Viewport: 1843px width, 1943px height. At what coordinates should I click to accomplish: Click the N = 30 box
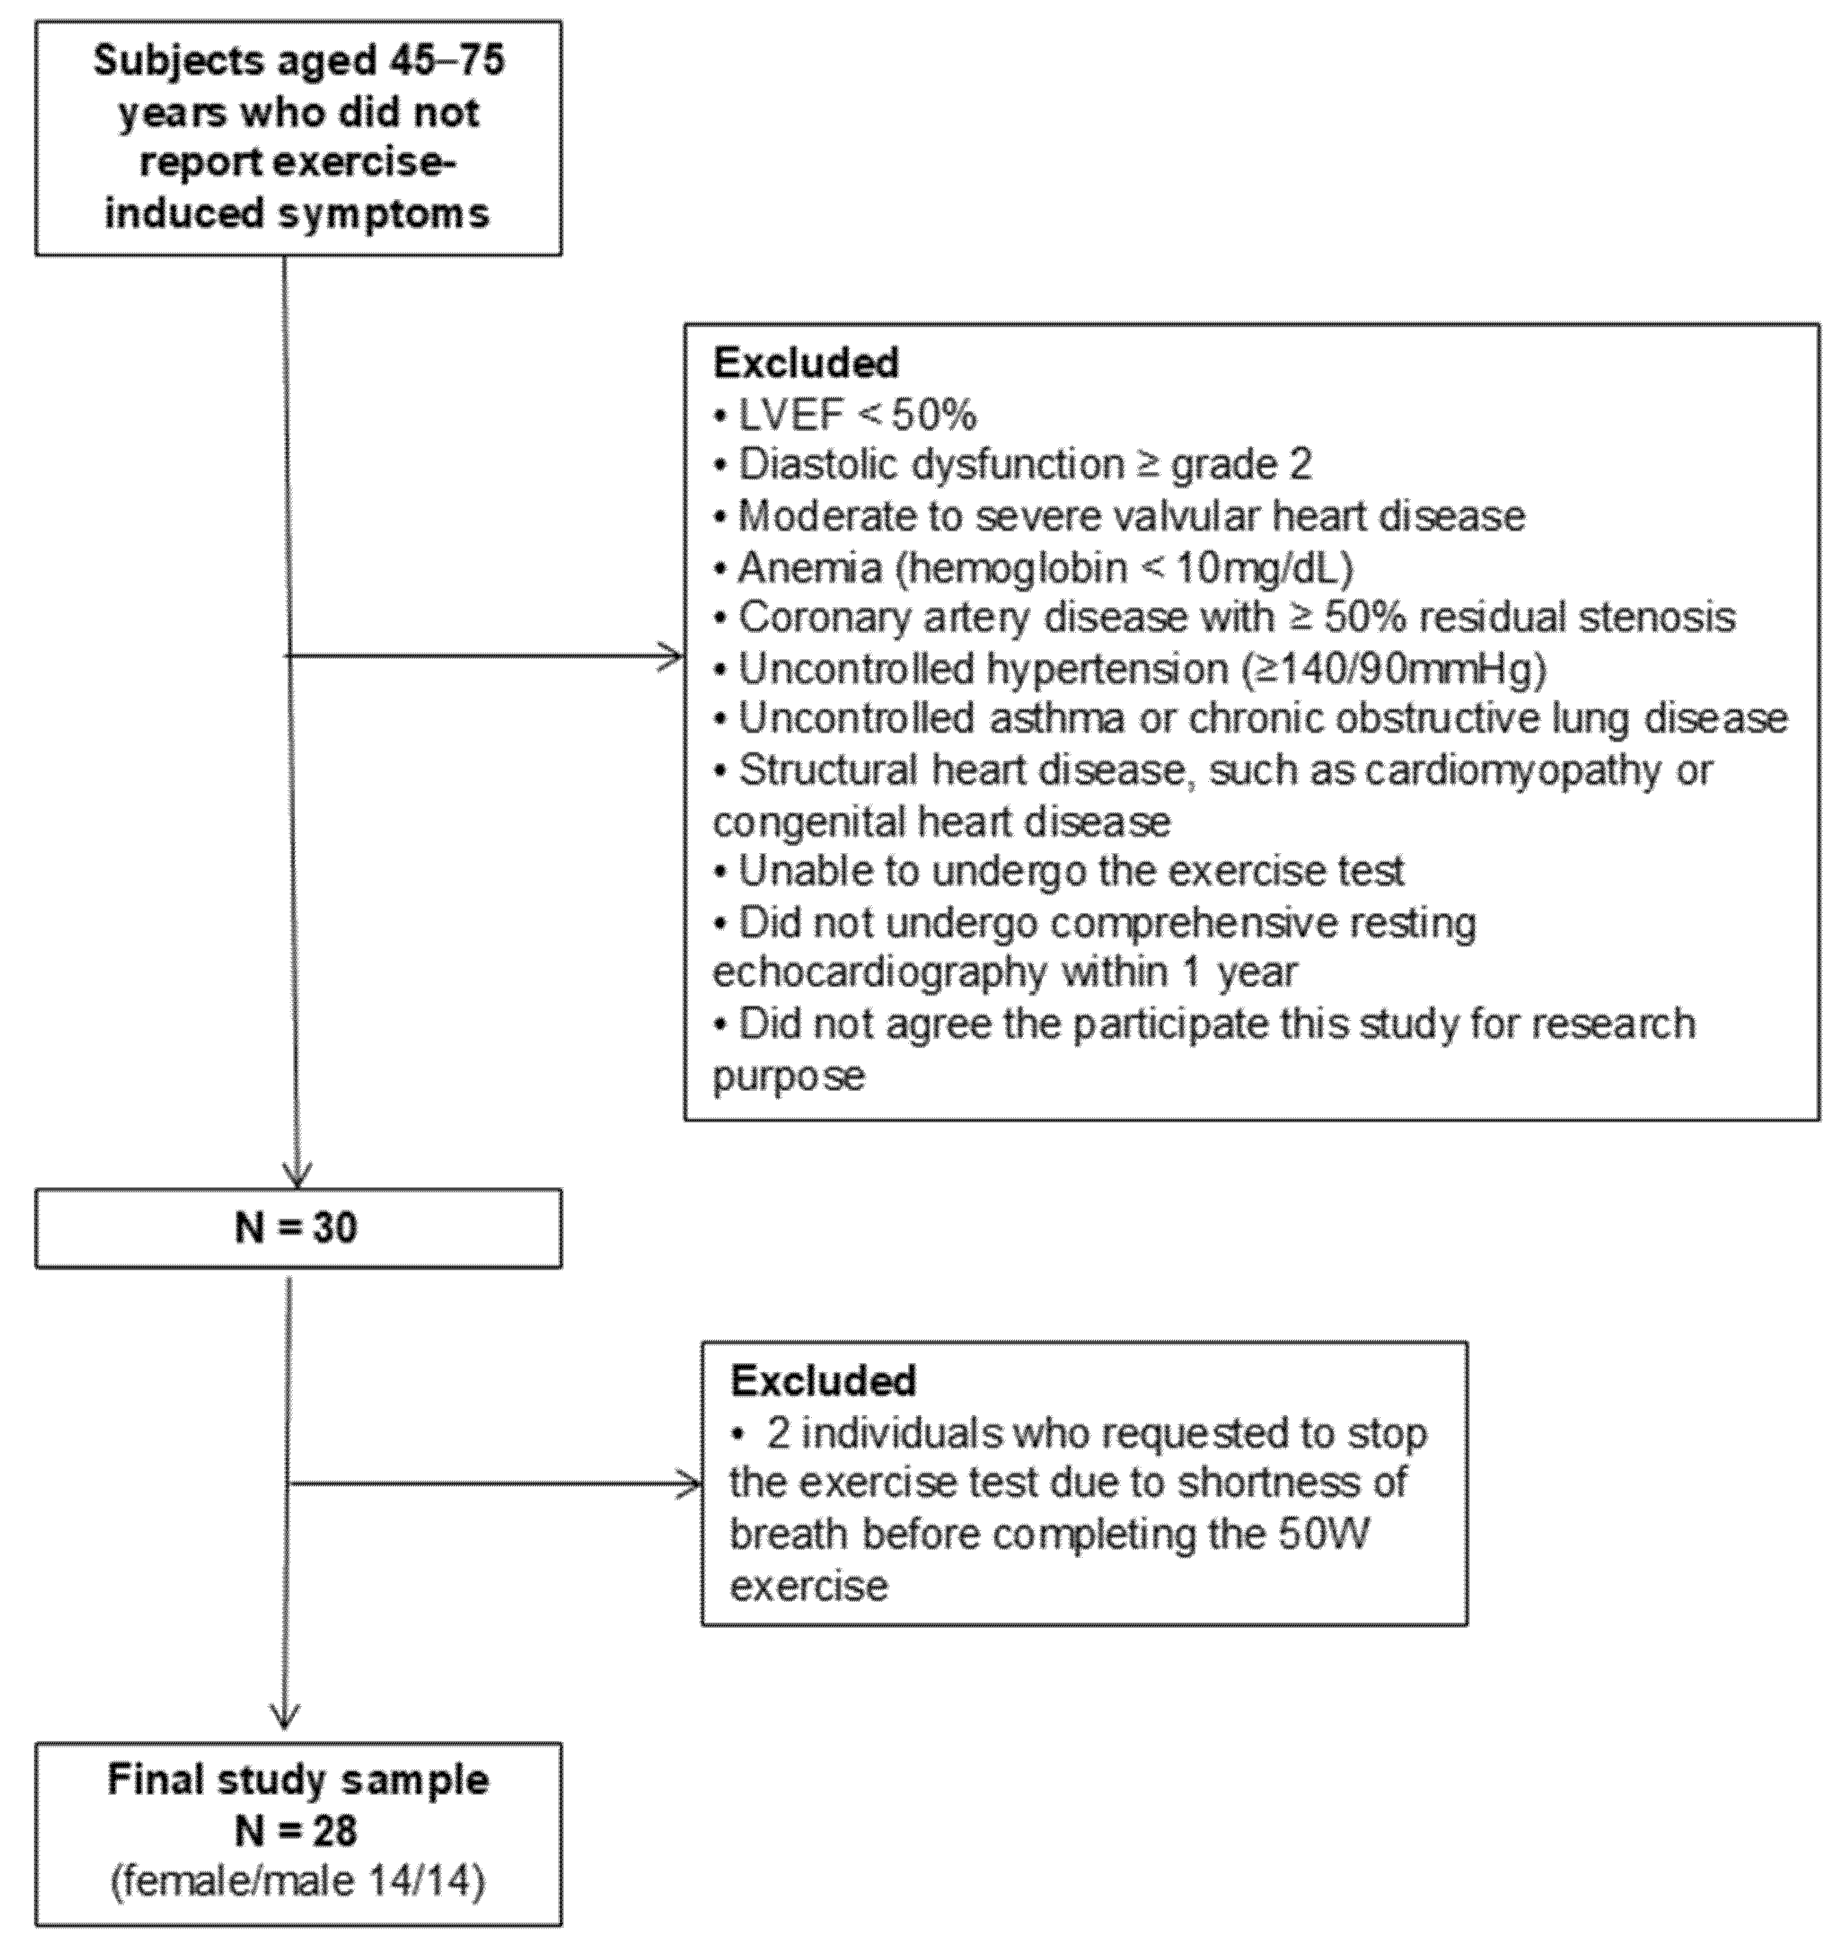click(298, 1228)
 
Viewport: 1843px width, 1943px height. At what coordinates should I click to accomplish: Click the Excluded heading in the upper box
click(806, 363)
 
